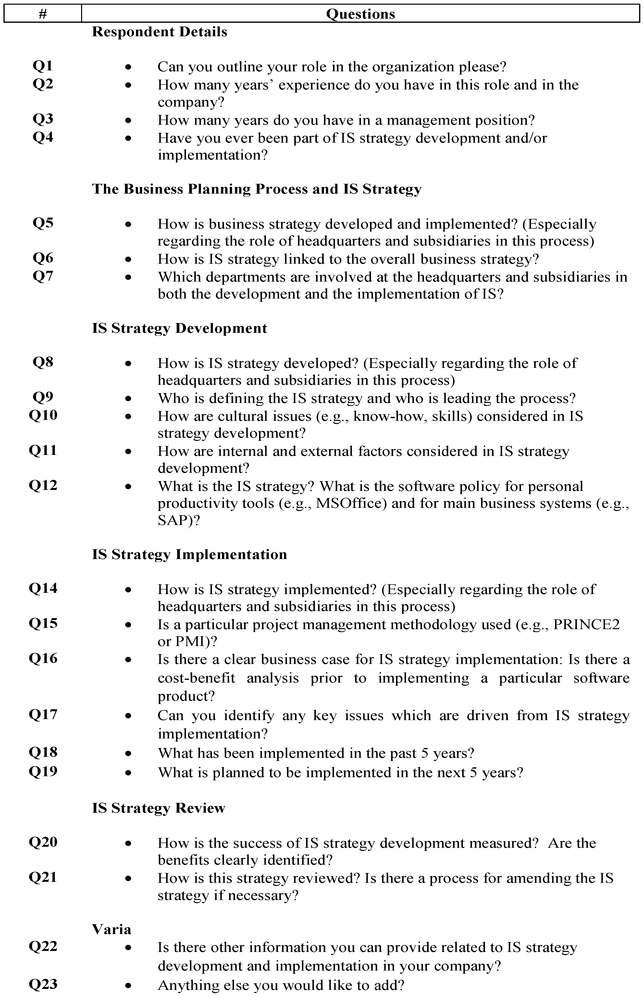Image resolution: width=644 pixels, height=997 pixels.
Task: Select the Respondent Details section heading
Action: pos(159,32)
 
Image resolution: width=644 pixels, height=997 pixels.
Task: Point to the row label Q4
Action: pos(43,137)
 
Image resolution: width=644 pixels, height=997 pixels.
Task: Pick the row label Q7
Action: pos(43,276)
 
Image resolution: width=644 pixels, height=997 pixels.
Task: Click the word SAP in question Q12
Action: pos(172,521)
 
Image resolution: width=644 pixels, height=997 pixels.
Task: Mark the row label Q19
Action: pos(43,771)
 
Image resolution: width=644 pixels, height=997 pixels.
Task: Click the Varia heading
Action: pos(112,930)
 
